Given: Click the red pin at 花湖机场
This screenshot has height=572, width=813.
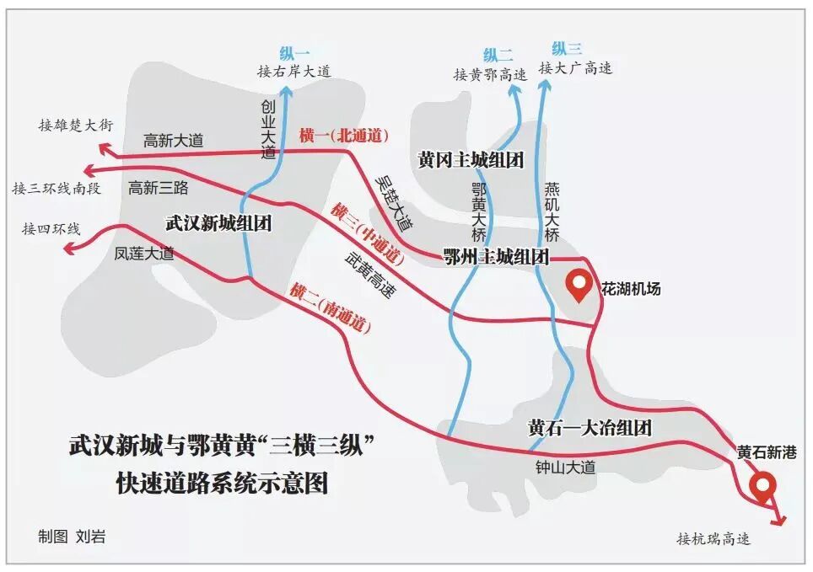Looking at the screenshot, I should [579, 285].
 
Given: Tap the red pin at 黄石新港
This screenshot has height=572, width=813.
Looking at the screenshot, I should [764, 486].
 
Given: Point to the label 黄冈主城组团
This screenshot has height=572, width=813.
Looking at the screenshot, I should [471, 158].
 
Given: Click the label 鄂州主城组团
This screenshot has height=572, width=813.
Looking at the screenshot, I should [497, 257].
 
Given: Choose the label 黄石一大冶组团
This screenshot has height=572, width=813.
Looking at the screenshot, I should [590, 427].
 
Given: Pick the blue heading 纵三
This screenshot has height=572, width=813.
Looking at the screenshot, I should [567, 49].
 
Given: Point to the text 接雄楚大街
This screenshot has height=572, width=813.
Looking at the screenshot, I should [76, 125].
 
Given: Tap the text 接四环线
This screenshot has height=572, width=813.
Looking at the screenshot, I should [51, 228].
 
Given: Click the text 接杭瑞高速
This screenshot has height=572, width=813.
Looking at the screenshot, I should [713, 538].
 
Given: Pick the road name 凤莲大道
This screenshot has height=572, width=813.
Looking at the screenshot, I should [144, 253].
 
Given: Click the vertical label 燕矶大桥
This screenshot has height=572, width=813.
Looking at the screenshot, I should [552, 211].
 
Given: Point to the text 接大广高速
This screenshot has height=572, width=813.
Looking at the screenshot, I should [576, 68].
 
